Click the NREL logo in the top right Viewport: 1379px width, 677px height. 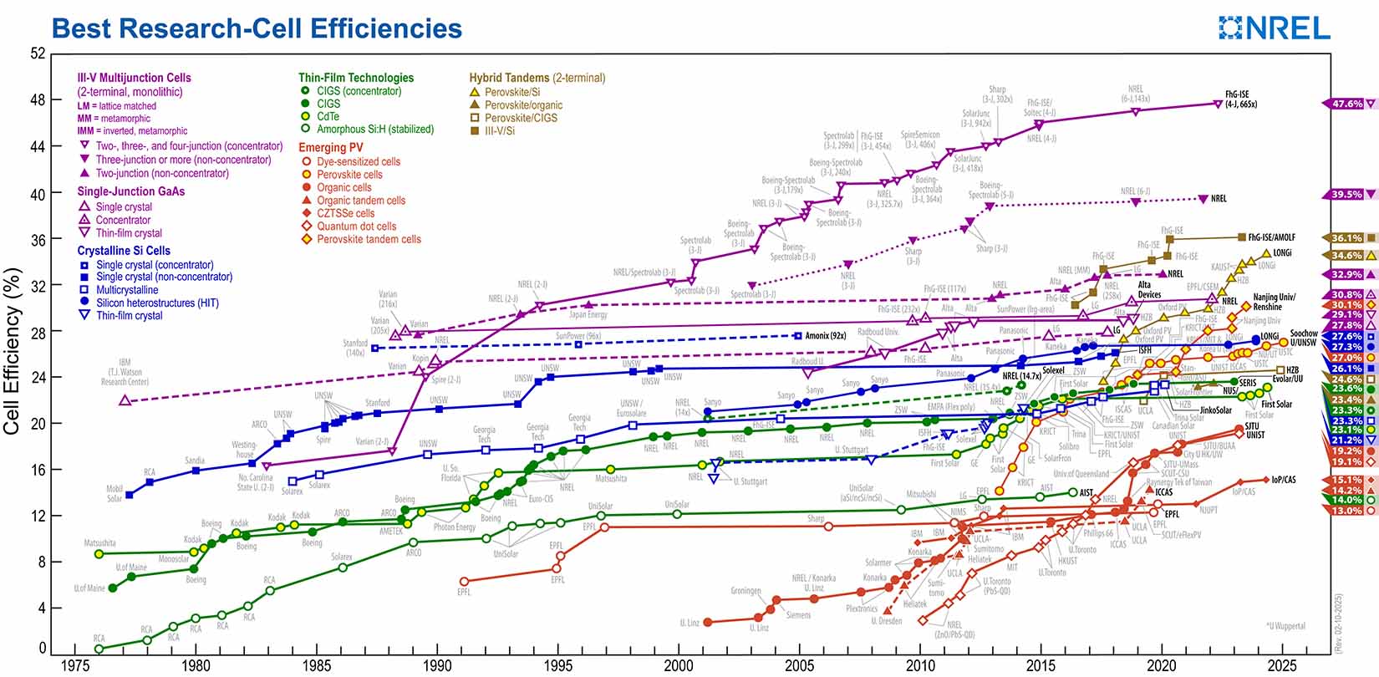[x=1275, y=28]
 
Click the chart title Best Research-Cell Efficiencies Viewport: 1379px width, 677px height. [x=257, y=28]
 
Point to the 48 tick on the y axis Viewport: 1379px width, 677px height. [x=38, y=100]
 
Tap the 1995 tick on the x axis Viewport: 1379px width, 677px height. [x=558, y=665]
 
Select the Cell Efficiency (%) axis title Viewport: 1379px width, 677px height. [x=12, y=351]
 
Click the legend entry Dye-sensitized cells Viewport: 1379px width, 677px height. [x=358, y=161]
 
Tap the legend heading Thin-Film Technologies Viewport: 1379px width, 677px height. [x=356, y=78]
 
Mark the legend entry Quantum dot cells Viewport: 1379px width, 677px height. [x=356, y=226]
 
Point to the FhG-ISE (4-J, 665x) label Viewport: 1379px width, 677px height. [x=1241, y=99]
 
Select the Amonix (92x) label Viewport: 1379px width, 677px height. [x=826, y=335]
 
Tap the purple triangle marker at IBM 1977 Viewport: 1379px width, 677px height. [x=125, y=400]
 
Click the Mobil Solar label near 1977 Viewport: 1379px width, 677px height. [x=114, y=493]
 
